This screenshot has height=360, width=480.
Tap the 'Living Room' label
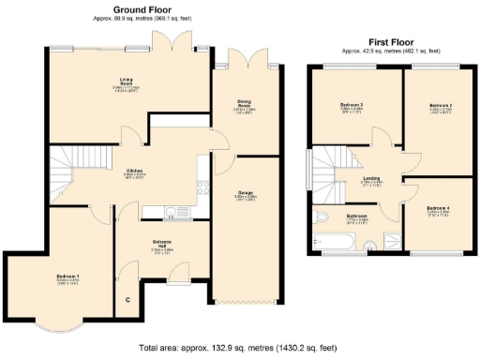(126, 81)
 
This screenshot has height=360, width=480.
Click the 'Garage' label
(245, 194)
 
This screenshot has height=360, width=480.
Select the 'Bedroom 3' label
(352, 104)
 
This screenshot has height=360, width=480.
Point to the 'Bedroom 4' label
(438, 207)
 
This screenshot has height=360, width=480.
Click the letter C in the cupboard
(127, 300)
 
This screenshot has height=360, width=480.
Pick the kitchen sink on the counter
(172, 208)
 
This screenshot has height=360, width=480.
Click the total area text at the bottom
(239, 347)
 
